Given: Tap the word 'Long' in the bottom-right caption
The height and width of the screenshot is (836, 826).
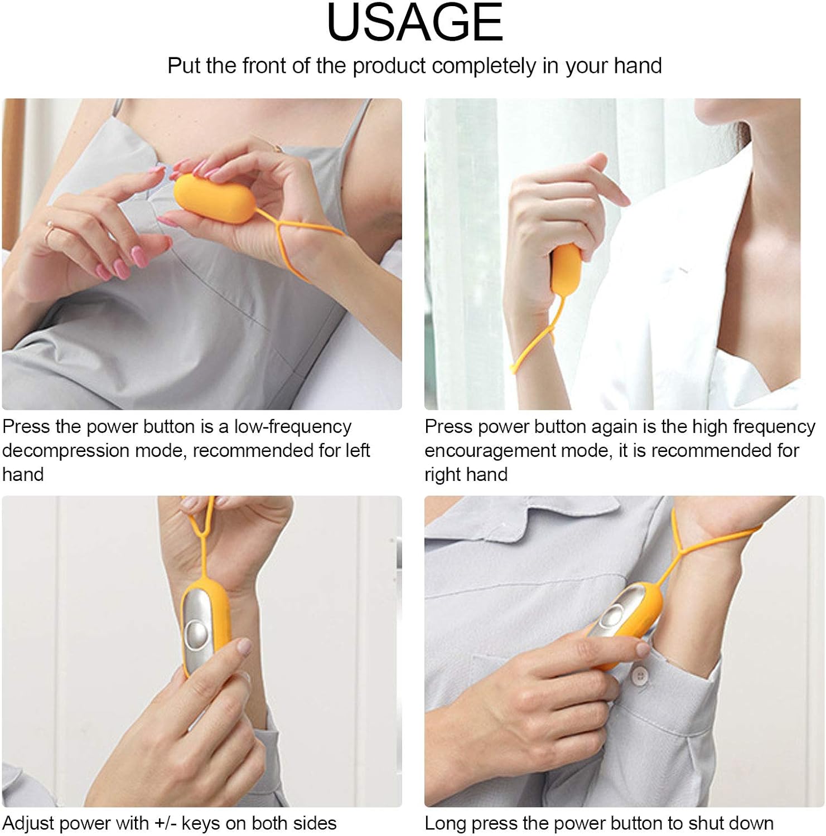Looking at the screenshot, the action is pyautogui.click(x=445, y=824).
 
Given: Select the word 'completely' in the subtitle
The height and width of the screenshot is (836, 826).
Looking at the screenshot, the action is pyautogui.click(x=484, y=66).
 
